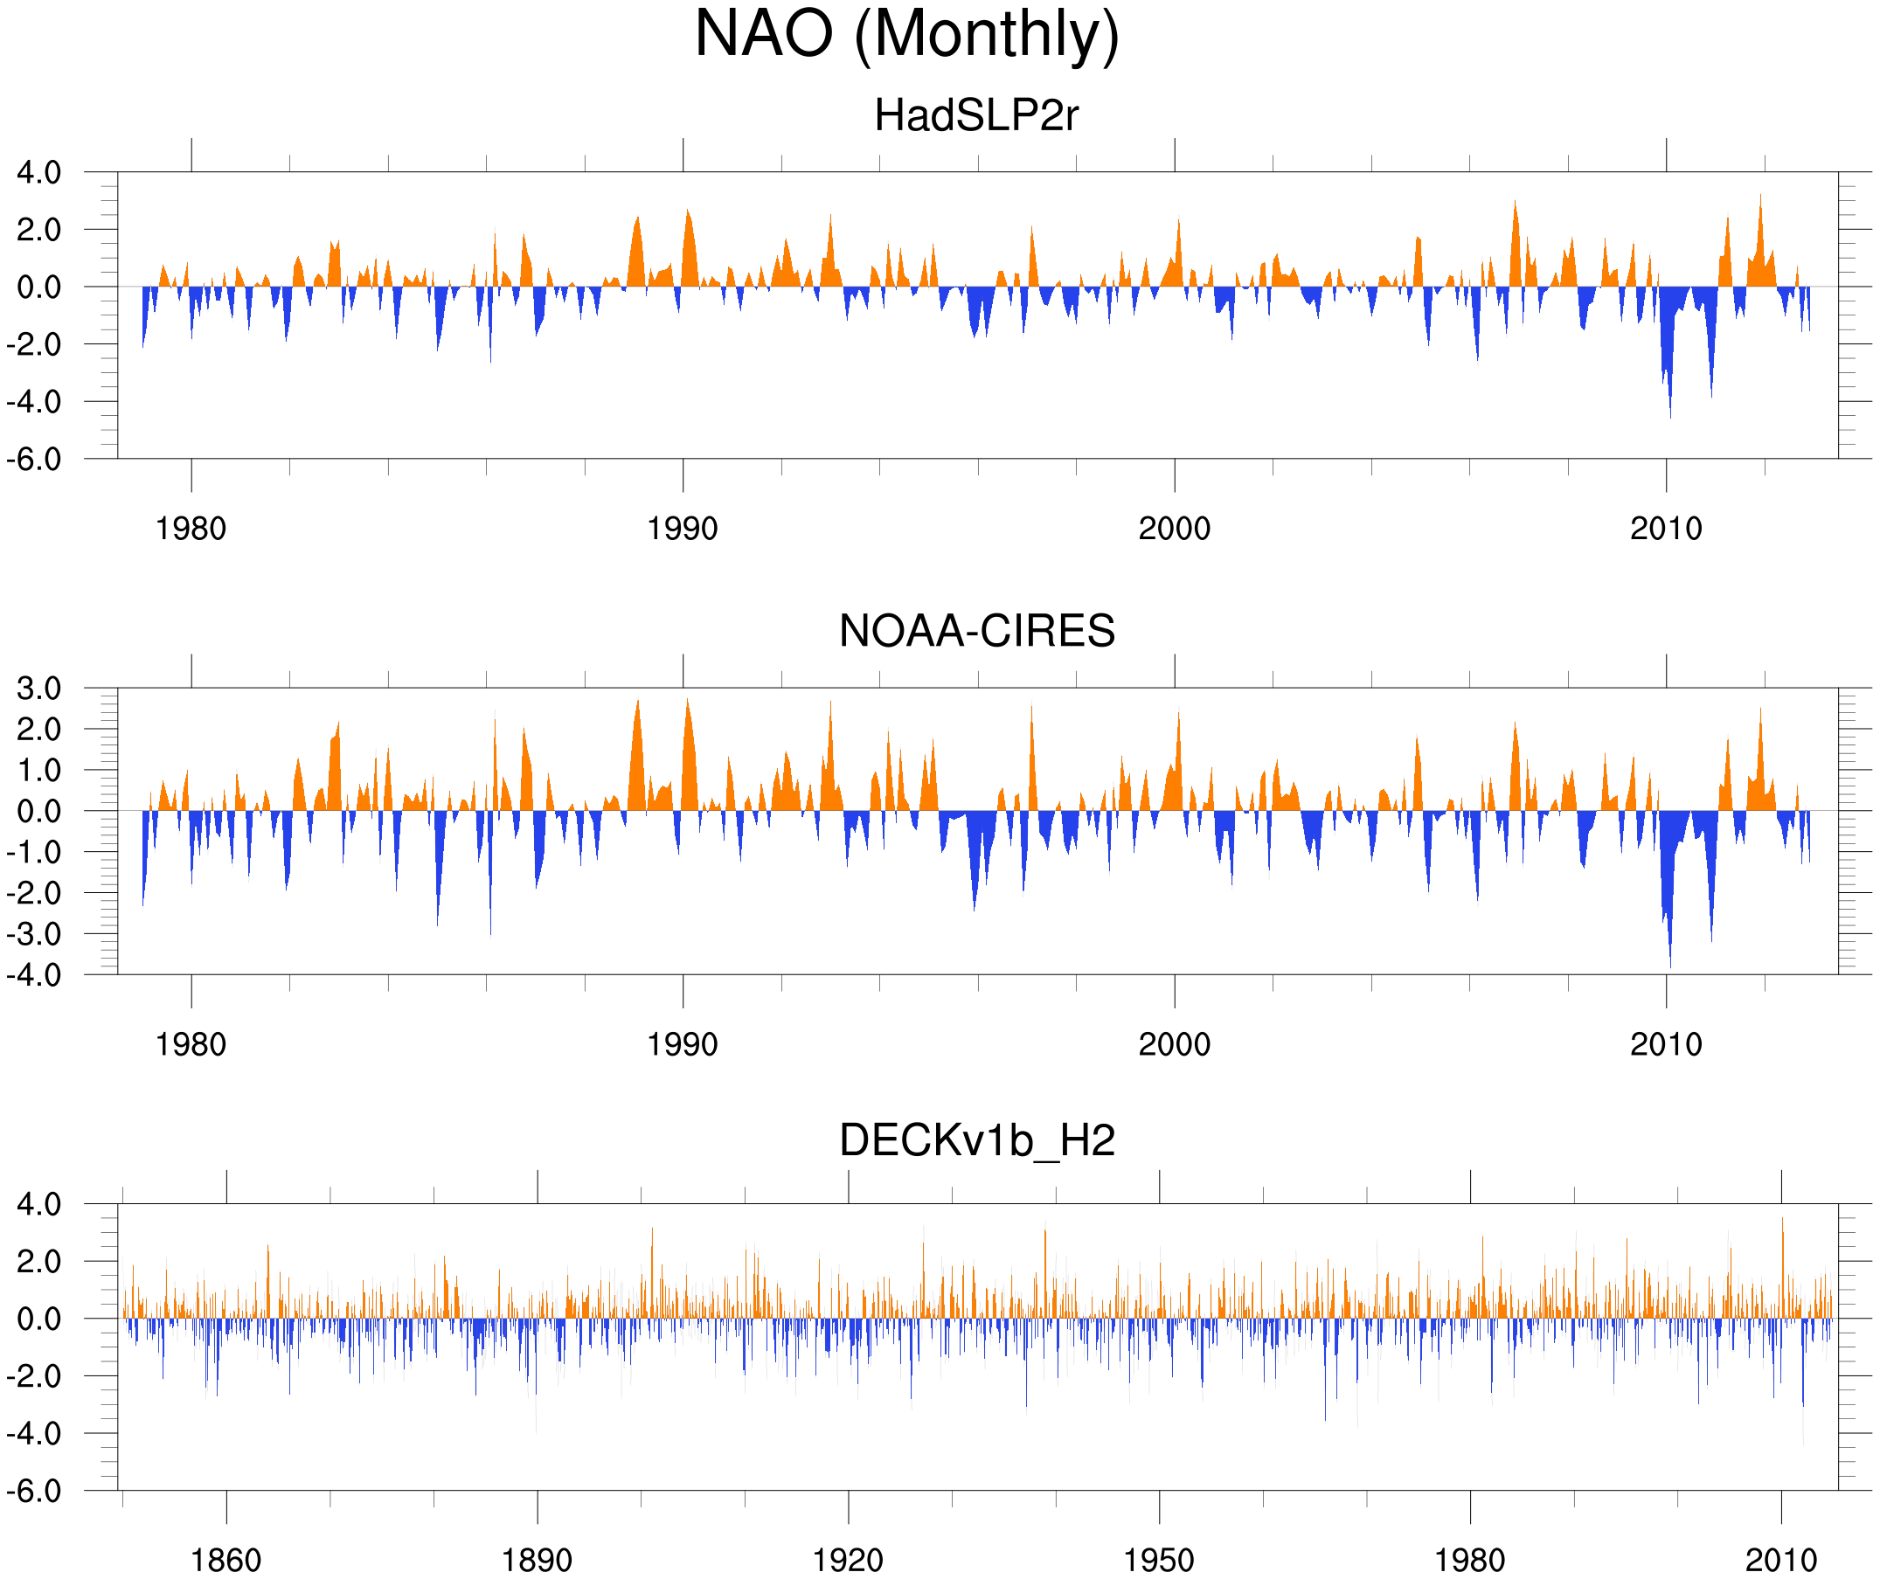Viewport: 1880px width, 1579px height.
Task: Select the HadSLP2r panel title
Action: click(x=976, y=115)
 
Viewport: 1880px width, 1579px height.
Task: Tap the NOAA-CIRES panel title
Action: click(x=976, y=631)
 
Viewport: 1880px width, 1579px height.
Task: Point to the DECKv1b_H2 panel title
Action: click(x=976, y=1140)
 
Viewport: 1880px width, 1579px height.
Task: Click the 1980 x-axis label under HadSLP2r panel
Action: click(x=191, y=529)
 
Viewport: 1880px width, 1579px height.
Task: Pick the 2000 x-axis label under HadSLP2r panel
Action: click(x=1175, y=529)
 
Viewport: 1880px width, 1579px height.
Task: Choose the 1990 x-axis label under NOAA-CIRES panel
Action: click(x=683, y=1044)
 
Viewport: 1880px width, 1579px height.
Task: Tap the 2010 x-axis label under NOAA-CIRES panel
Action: click(x=1666, y=1044)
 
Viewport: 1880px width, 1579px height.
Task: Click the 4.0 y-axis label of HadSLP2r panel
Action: click(x=39, y=173)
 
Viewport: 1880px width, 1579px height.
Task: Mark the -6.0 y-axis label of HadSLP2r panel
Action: click(x=34, y=460)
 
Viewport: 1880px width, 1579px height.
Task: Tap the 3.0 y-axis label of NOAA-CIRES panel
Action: click(x=39, y=689)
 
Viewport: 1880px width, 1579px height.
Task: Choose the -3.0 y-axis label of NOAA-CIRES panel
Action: click(x=34, y=934)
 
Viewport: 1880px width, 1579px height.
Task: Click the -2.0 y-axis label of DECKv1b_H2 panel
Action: click(x=34, y=1375)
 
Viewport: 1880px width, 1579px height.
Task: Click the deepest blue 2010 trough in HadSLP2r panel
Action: click(x=1669, y=417)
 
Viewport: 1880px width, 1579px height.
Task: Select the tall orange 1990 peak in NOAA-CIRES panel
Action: click(x=688, y=700)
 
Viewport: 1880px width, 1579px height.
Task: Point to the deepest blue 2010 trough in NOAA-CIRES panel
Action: click(x=1669, y=966)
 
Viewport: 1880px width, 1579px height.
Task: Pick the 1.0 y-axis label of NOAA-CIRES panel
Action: click(x=39, y=771)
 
